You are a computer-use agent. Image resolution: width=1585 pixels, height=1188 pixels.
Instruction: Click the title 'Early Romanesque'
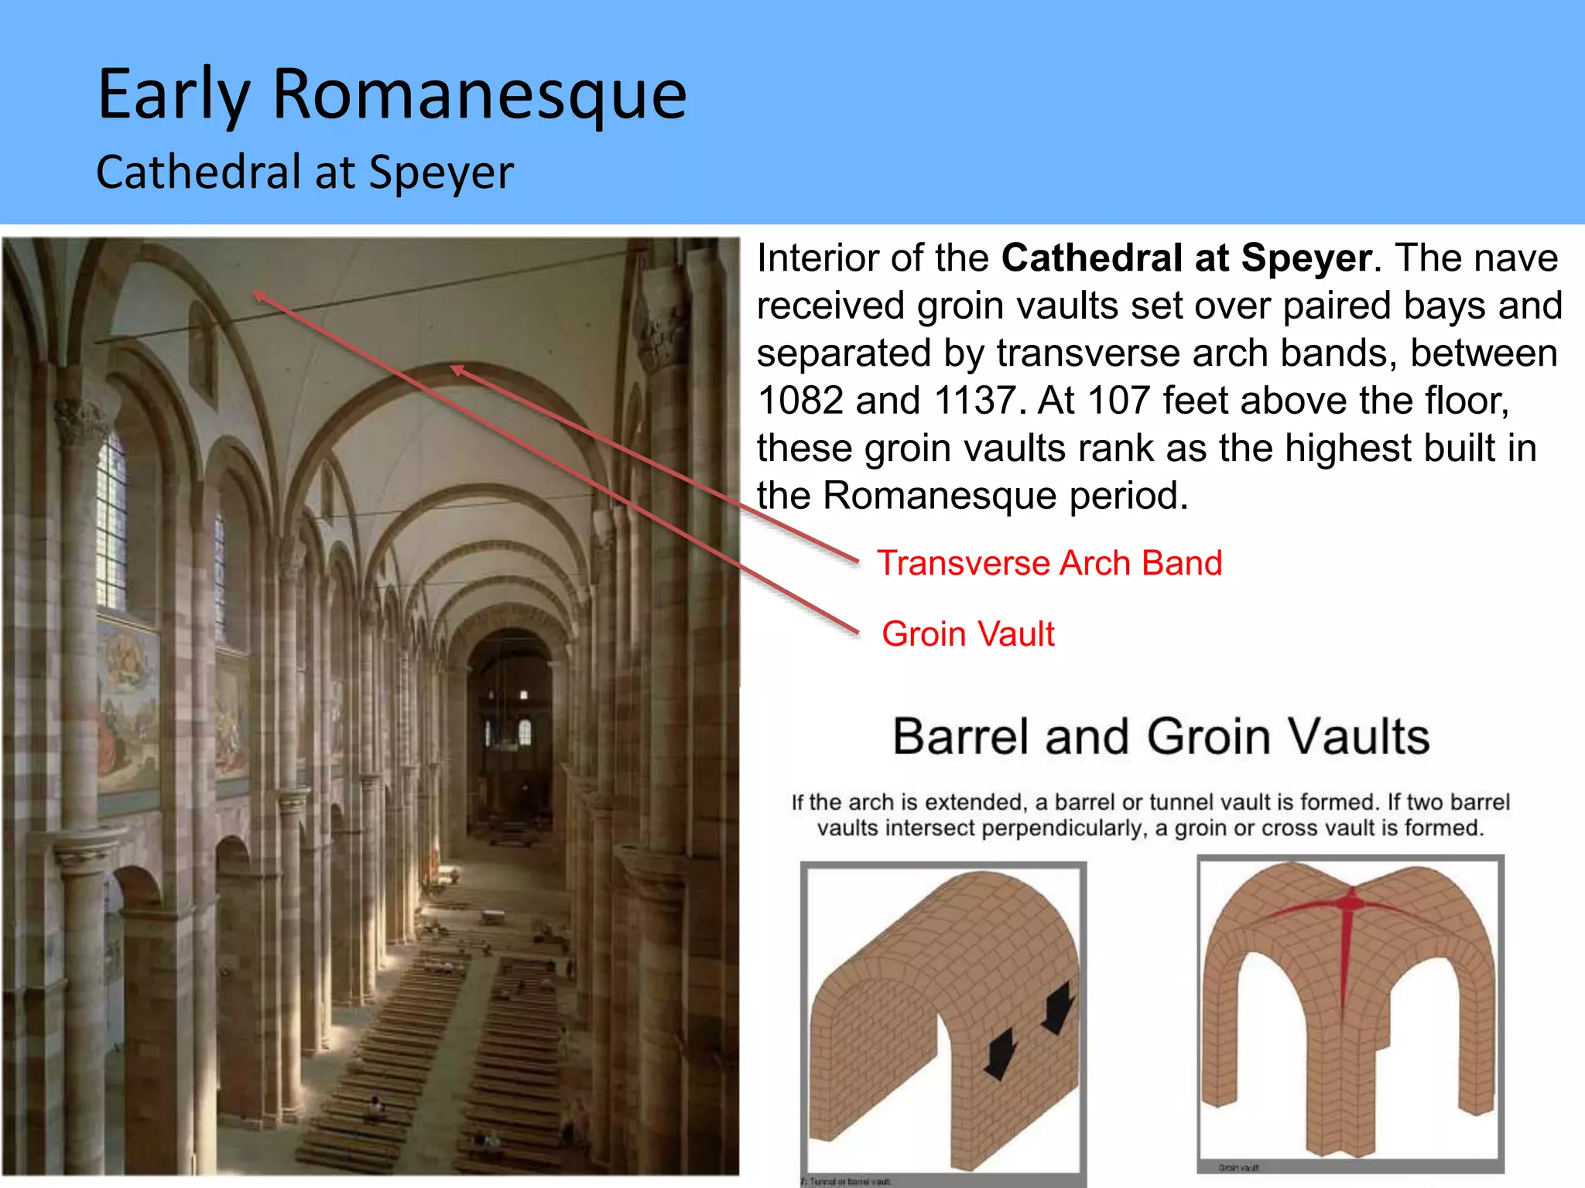(392, 94)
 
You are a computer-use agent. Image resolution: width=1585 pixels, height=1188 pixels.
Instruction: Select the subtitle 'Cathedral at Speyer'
(304, 172)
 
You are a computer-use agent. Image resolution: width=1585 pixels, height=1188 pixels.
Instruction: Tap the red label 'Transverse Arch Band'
(1049, 563)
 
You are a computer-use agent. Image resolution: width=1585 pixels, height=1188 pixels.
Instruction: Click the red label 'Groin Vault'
(967, 634)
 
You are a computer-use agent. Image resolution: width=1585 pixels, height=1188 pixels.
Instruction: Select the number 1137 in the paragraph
(974, 401)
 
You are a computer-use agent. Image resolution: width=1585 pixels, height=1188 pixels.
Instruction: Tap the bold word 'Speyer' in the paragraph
(1306, 258)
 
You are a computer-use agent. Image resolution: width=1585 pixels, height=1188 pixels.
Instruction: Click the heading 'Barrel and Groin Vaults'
(1160, 736)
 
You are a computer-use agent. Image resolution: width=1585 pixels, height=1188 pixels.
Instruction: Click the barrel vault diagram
(943, 1021)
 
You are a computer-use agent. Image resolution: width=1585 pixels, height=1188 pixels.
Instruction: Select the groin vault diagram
(1350, 1013)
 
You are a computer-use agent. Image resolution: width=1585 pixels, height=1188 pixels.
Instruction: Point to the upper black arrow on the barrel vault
(1059, 1005)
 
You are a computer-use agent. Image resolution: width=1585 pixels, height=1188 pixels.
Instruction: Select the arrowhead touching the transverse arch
(457, 370)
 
